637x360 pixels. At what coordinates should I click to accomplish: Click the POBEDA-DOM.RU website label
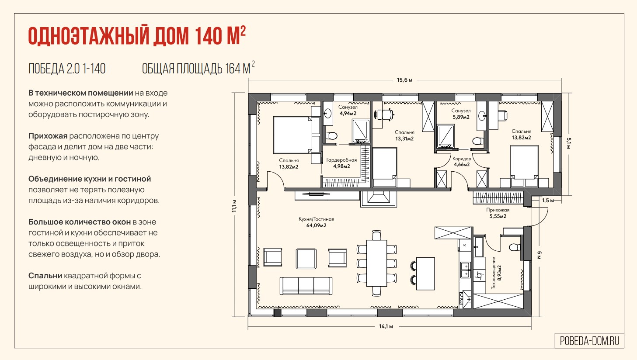point(589,341)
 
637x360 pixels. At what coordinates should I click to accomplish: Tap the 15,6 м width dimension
point(405,80)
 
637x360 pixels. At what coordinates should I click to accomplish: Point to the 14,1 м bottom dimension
point(386,326)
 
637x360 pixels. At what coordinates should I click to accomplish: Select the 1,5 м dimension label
point(548,201)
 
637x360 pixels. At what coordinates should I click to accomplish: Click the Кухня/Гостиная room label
point(316,219)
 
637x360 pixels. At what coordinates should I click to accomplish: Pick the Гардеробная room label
point(341,160)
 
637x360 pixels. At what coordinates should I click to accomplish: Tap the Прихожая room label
point(498,210)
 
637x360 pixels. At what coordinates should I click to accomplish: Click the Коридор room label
point(462,159)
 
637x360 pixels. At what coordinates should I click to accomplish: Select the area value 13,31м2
point(404,138)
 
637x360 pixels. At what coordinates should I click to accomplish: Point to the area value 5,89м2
point(461,117)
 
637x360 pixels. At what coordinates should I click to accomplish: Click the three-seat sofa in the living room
point(306,286)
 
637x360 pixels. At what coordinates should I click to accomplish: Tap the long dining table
point(376,263)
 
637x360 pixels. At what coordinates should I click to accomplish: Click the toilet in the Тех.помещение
point(515,247)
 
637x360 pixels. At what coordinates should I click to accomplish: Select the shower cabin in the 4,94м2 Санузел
point(361,131)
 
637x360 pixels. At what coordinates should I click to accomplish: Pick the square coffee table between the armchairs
point(306,259)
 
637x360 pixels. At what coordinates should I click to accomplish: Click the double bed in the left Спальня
point(292,135)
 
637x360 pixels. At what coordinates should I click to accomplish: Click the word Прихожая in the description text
point(48,136)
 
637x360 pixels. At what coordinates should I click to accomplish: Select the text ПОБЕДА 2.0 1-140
point(67,69)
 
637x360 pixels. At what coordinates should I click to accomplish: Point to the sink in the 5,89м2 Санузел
point(482,116)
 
